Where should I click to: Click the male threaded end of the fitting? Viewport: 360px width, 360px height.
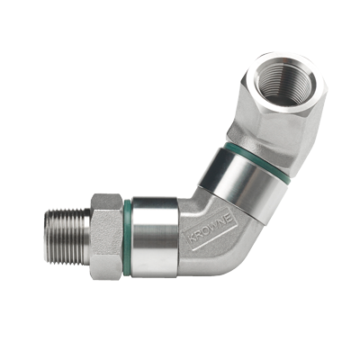[67, 237]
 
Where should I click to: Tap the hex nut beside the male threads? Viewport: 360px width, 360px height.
[107, 237]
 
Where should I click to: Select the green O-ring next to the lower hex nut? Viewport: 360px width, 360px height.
[127, 237]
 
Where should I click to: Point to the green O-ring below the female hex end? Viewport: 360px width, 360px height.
[257, 162]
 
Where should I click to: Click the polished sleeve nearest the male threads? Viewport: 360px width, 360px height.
[155, 237]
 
